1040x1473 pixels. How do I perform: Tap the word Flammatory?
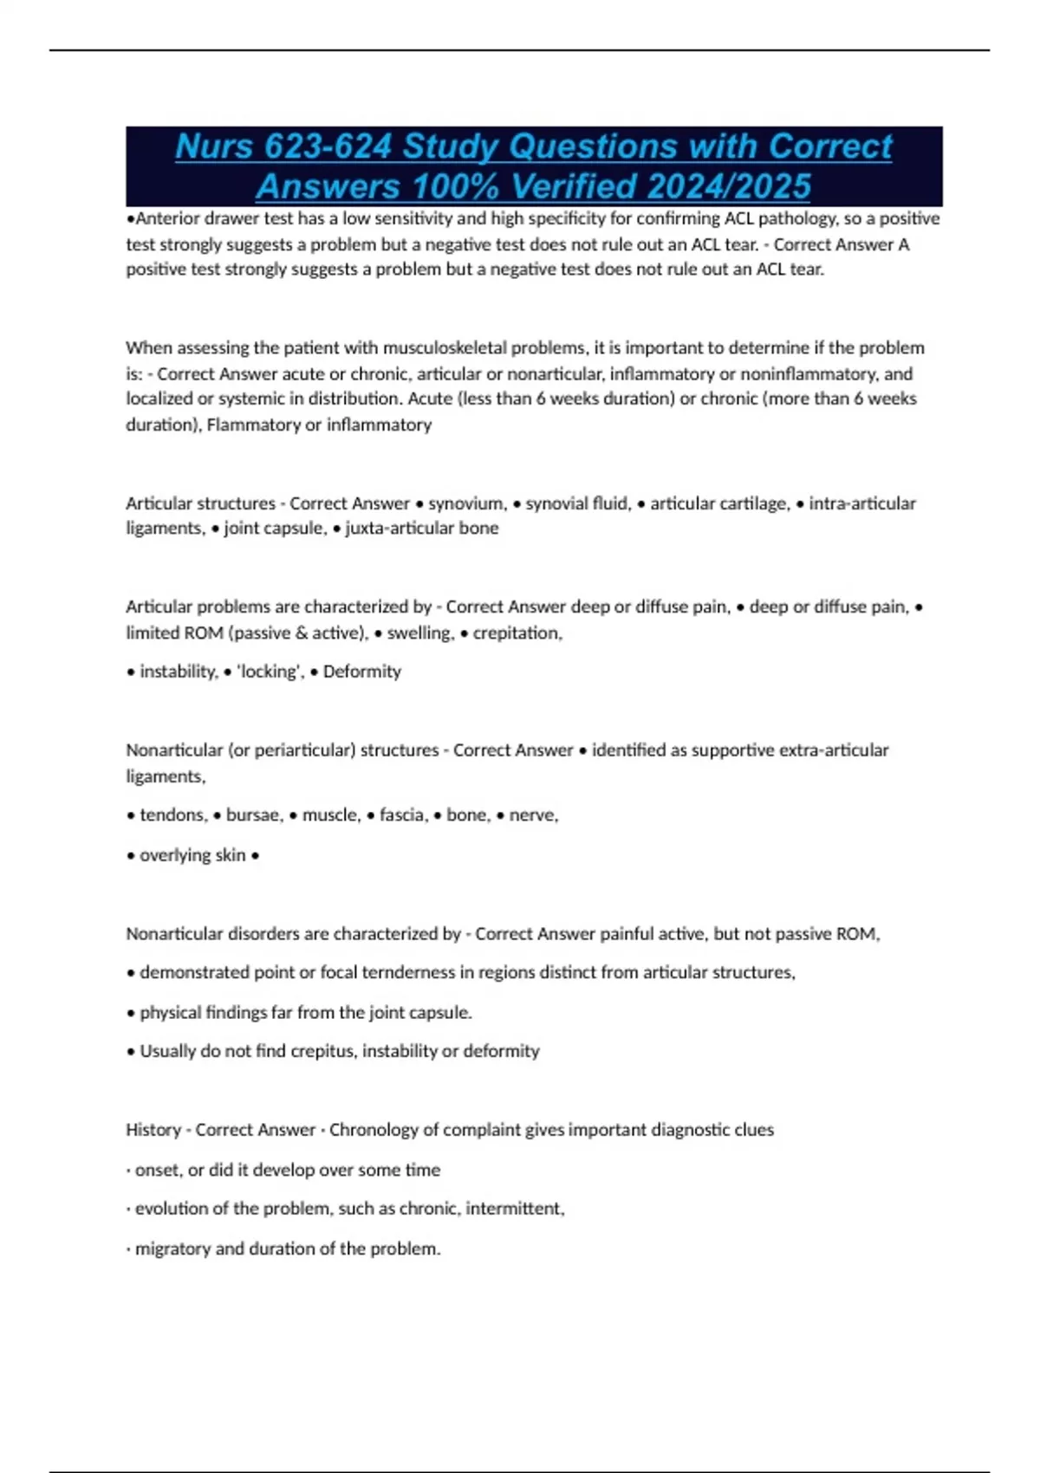click(x=249, y=425)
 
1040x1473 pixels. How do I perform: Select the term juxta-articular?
click(x=400, y=529)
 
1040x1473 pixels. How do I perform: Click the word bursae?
click(x=254, y=814)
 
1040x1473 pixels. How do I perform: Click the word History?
click(x=153, y=1130)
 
